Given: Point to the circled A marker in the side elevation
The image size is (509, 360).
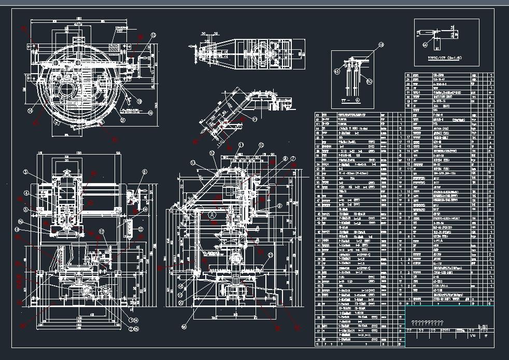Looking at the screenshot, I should (212, 213).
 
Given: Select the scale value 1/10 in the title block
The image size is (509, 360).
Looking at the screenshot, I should (472, 336).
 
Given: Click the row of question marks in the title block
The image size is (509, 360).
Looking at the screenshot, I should (427, 323).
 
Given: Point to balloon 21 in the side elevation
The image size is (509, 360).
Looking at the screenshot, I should (270, 255).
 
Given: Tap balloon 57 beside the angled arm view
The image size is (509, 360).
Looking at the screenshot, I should (254, 119).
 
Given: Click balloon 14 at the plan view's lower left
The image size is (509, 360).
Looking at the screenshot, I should (31, 110).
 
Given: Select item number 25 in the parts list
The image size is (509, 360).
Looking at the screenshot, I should (407, 75).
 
